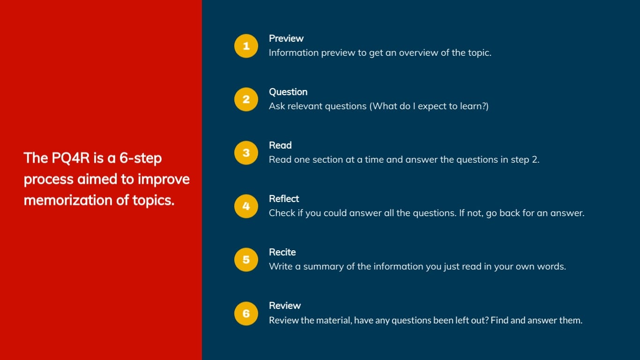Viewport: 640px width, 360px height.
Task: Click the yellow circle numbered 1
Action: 246,46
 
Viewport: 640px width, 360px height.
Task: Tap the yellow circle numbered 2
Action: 246,99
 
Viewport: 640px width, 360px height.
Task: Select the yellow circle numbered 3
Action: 246,153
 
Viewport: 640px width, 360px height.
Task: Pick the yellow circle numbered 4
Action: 246,206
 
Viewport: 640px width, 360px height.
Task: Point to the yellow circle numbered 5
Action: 246,260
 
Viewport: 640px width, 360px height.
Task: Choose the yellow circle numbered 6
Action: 246,314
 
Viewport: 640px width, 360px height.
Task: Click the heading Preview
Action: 286,38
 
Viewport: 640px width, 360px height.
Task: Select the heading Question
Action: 288,92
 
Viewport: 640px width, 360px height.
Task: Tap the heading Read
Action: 280,145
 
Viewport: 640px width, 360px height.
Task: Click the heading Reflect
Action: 284,199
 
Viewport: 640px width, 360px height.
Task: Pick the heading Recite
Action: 282,252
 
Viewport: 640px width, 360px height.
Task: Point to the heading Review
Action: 284,306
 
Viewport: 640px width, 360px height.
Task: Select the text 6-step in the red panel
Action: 141,158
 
